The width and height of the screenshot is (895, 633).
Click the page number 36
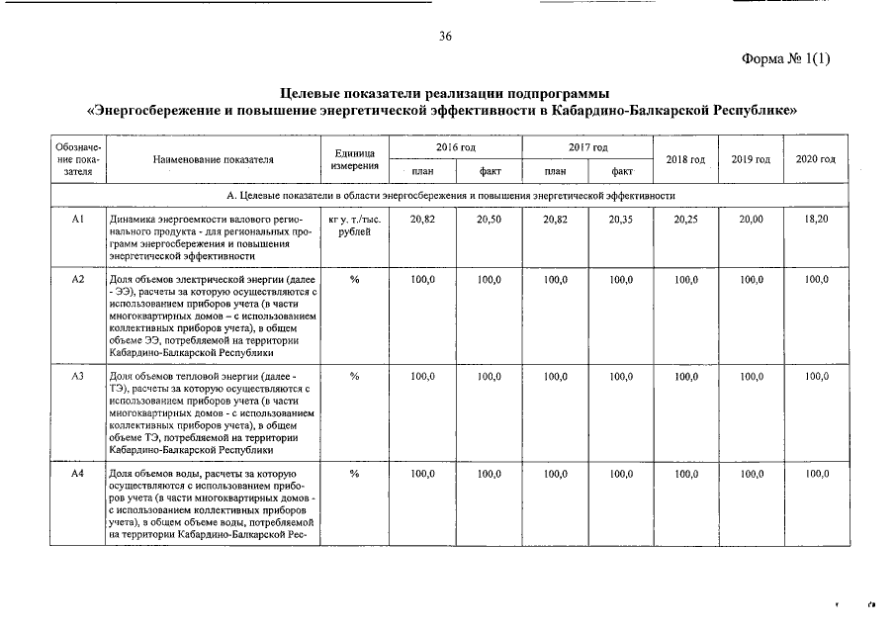[445, 37]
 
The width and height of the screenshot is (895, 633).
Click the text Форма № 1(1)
[786, 58]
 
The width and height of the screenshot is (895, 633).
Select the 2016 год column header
[456, 147]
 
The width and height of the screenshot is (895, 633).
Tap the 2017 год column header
[587, 147]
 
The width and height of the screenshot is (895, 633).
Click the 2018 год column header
[685, 159]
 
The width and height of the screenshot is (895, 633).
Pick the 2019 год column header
[751, 159]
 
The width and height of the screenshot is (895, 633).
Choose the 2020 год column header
[816, 159]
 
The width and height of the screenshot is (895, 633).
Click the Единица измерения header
[352, 159]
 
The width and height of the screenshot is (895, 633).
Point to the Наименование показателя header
[214, 159]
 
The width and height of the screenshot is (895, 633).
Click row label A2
[78, 280]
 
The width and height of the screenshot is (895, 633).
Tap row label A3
[78, 377]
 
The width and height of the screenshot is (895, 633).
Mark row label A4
[78, 475]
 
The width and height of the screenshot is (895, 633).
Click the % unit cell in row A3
[354, 377]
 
